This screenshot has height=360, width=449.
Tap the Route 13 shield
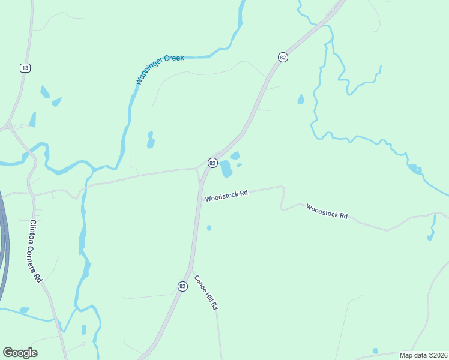[25, 68]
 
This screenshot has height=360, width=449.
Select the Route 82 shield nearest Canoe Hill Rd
[182, 286]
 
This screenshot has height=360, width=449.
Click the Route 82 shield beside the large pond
[212, 163]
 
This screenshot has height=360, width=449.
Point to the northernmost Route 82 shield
[282, 57]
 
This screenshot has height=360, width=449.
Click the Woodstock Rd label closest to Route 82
[226, 196]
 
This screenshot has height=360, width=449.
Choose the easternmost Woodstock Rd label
[327, 211]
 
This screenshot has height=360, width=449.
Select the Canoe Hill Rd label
[205, 292]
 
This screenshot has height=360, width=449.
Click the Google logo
[20, 353]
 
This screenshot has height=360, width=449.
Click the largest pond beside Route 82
[226, 169]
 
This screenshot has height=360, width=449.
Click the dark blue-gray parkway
[4, 240]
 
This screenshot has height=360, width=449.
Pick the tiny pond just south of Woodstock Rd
[209, 227]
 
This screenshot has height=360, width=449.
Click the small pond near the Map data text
[375, 350]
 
